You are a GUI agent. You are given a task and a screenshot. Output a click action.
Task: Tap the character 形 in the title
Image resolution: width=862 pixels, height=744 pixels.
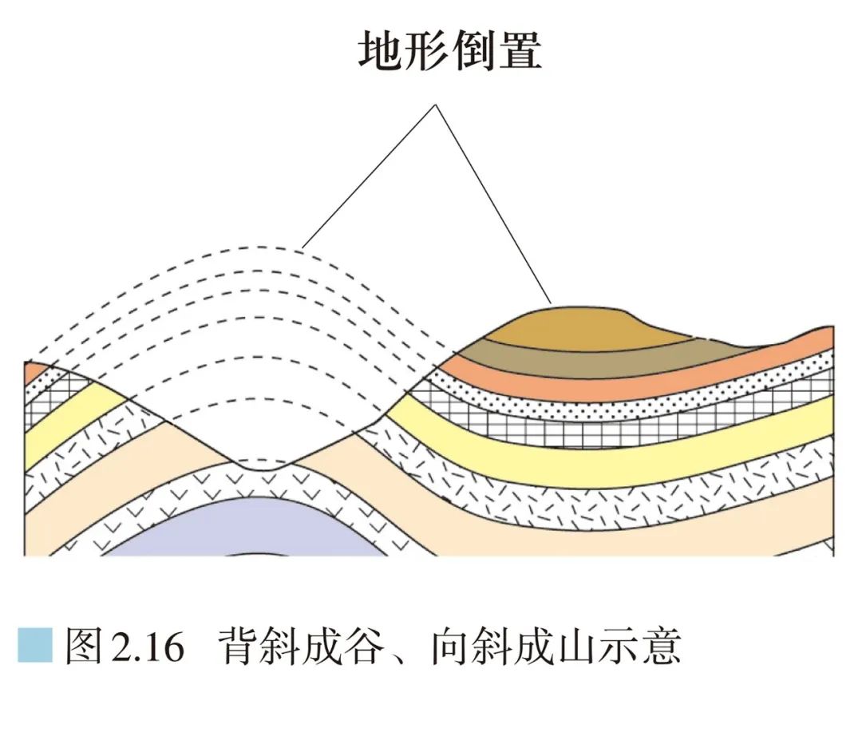coord(428,53)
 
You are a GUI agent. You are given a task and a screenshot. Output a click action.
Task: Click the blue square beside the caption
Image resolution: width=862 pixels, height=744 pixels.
coord(34,645)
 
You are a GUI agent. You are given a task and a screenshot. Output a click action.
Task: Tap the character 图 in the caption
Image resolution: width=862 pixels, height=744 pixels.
coord(83,646)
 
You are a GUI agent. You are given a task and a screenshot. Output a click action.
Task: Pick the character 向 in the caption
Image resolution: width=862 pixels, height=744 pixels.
coord(450,646)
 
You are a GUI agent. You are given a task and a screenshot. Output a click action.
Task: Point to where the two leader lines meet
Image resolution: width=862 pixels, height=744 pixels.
coord(435,105)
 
